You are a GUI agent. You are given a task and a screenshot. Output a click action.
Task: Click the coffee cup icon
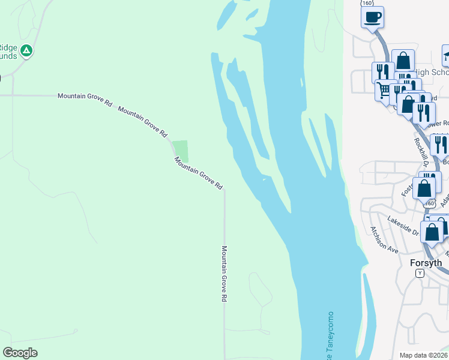click(x=372, y=17)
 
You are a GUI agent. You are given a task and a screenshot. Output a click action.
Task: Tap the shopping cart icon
click(x=384, y=91)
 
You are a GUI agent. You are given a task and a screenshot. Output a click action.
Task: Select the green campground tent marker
click(x=26, y=51)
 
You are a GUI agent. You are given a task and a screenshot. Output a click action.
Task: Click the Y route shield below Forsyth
click(x=420, y=273)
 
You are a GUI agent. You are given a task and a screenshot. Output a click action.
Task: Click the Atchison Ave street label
click(x=384, y=239)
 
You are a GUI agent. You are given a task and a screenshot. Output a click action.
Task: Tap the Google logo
click(x=20, y=353)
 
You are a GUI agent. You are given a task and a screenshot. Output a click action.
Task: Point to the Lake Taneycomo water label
click(x=329, y=336)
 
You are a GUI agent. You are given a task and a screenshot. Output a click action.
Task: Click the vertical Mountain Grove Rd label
click(x=224, y=273)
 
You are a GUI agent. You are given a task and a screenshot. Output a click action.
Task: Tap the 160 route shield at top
click(x=366, y=3)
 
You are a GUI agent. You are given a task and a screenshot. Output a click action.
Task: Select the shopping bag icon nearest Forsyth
click(x=432, y=232)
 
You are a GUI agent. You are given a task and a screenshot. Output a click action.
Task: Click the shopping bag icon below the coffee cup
click(x=403, y=61)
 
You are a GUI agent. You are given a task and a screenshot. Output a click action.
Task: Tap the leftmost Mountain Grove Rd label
click(x=85, y=98)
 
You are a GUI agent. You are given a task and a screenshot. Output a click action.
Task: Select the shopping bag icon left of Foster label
click(x=424, y=188)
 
